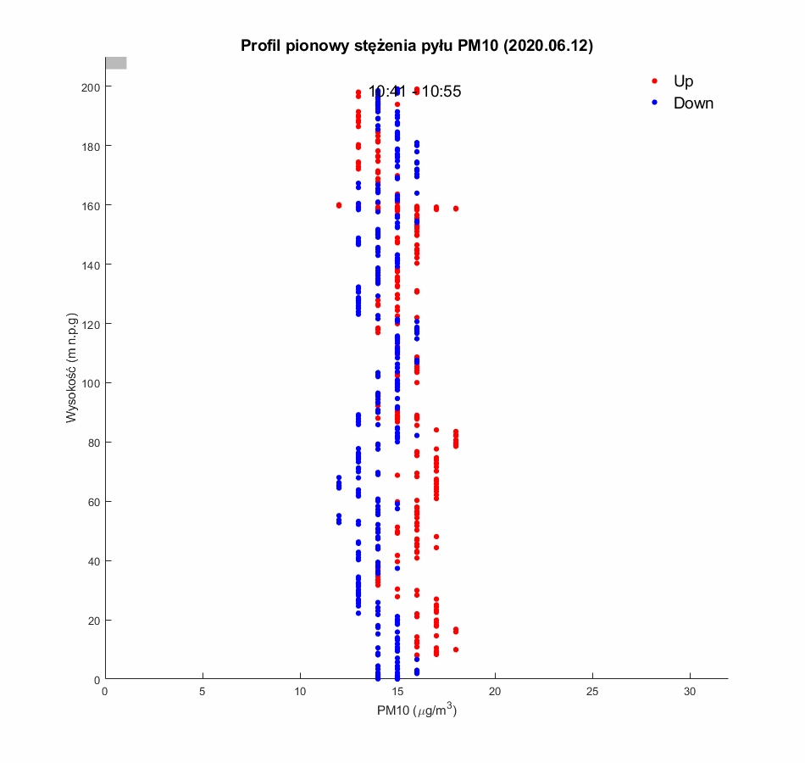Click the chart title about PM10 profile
(x=416, y=46)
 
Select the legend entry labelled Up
(x=683, y=81)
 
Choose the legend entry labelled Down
(x=693, y=103)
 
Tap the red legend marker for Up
(x=654, y=81)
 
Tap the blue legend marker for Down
(x=654, y=103)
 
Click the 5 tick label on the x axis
(x=203, y=693)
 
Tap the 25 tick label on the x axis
(x=593, y=693)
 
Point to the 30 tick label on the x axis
(x=691, y=693)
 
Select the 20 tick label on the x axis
(x=496, y=693)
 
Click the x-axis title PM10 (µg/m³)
(x=417, y=711)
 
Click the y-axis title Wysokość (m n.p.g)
(x=73, y=369)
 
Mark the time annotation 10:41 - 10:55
(x=414, y=92)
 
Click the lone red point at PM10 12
(x=339, y=205)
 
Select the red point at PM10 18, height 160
(x=456, y=209)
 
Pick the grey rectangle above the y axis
(x=116, y=63)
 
